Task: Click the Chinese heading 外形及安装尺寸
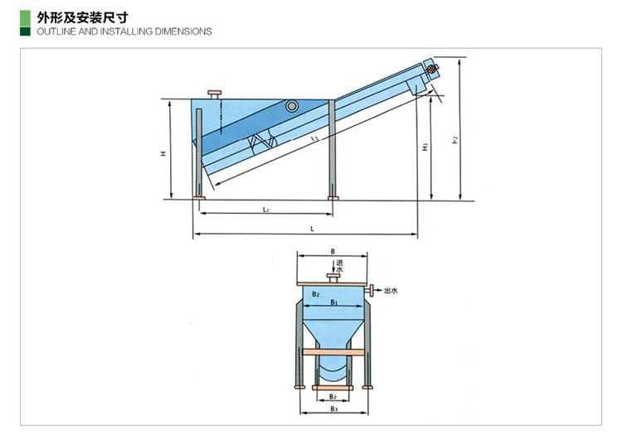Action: coord(82,16)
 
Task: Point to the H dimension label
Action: coord(164,152)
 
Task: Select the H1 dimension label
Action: coord(424,147)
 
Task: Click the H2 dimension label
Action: coord(455,142)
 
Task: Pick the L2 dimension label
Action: coord(265,210)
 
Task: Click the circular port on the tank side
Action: coord(291,106)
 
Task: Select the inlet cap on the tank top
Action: coord(217,90)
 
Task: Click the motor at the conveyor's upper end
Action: coord(431,70)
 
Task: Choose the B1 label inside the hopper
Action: coord(332,303)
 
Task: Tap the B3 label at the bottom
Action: coord(332,409)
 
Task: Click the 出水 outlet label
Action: coord(391,291)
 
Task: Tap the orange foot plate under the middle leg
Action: coord(333,197)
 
